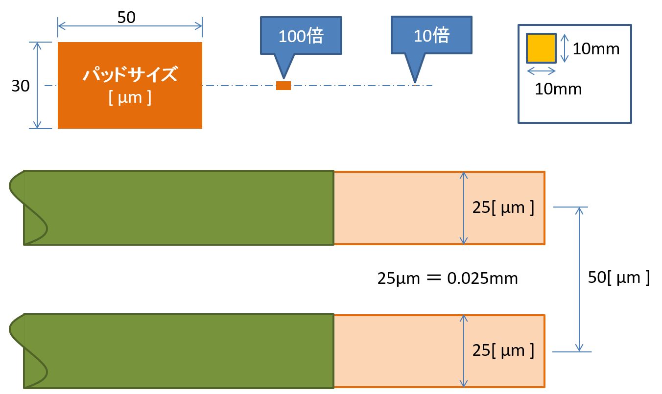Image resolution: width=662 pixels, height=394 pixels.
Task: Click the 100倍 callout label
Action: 301,36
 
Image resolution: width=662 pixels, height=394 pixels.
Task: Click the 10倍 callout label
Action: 431,35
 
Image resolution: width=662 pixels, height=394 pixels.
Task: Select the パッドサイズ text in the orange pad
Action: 130,75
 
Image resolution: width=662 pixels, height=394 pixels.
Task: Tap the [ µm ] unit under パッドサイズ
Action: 130,97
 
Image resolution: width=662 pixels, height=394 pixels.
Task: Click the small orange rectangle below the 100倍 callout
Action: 284,86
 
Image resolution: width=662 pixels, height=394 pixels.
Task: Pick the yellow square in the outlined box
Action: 541,48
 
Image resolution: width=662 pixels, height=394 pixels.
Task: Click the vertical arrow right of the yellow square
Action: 565,48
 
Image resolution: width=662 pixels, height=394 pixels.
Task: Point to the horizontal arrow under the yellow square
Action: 541,71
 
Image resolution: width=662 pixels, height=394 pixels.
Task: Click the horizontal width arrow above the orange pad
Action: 130,26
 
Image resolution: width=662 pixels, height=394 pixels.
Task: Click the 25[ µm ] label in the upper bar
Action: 503,208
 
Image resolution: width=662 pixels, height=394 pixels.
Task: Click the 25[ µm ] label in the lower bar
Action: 503,350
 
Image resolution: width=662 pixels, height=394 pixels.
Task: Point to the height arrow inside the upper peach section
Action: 464,208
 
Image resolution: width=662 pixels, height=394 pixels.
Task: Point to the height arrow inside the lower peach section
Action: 464,351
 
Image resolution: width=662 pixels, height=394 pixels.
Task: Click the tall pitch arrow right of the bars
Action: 579,279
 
